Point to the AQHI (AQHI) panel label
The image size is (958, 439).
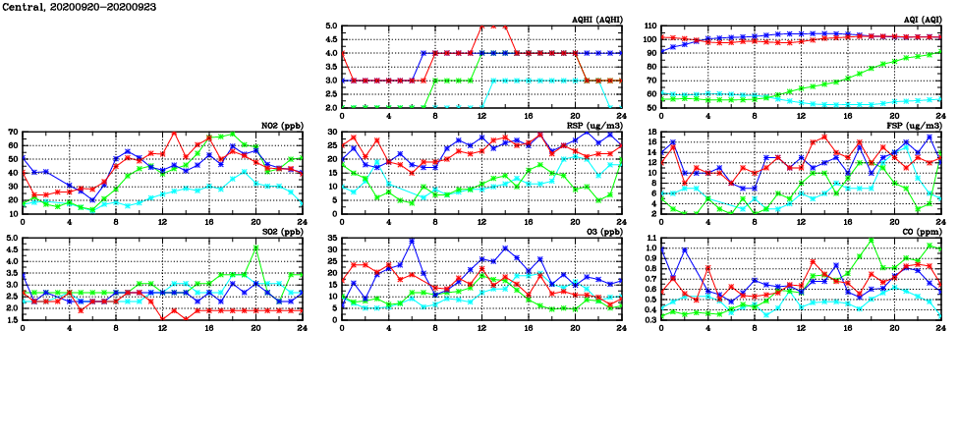point(597,20)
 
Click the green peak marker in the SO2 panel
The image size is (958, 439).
point(255,247)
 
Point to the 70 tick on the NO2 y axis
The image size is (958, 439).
point(13,132)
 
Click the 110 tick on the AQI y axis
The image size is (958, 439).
point(648,27)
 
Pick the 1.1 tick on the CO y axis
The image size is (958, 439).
point(650,238)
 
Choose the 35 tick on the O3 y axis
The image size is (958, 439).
point(331,238)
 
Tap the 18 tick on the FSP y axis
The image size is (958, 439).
point(650,132)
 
